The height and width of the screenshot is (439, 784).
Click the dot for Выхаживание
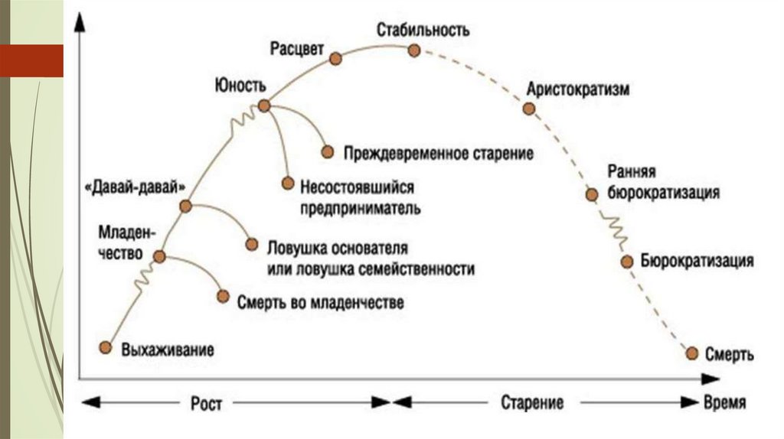point(106,347)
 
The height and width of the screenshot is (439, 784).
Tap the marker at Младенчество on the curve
point(159,257)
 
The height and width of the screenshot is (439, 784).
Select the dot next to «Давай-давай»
point(185,206)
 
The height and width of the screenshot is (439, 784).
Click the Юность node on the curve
point(264,106)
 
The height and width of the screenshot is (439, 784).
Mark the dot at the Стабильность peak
point(414,50)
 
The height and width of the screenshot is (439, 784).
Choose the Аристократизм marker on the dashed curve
point(528,109)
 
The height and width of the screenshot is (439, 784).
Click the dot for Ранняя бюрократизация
point(591,194)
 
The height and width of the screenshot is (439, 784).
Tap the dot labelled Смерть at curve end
point(692,353)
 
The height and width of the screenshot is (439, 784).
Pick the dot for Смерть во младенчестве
point(223,296)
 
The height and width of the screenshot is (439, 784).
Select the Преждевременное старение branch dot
point(328,151)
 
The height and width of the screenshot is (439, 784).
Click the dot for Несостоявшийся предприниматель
point(288,183)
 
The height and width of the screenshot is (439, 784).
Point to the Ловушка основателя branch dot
point(251,245)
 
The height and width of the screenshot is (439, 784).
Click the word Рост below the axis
point(207,402)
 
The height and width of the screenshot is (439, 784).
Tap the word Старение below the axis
point(533,402)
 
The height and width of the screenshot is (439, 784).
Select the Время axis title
point(724,402)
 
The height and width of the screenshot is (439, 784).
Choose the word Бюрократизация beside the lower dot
point(697,262)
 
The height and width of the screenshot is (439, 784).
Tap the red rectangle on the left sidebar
point(31,60)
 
